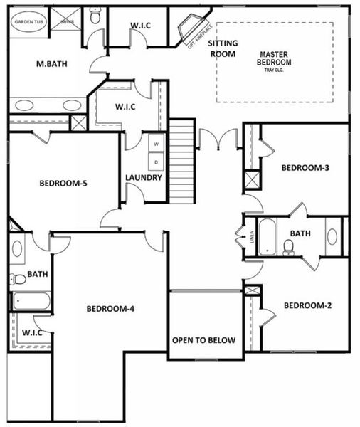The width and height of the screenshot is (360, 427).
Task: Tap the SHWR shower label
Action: point(68,21)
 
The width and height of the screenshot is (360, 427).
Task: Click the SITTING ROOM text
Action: point(223,48)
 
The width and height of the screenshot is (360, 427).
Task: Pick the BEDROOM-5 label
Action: point(63,184)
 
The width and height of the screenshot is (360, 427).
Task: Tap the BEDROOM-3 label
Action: point(305,168)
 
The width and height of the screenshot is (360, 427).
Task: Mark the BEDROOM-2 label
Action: point(307,306)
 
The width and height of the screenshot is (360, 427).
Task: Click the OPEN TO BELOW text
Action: point(203,340)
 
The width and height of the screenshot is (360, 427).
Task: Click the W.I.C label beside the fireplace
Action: point(139,26)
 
